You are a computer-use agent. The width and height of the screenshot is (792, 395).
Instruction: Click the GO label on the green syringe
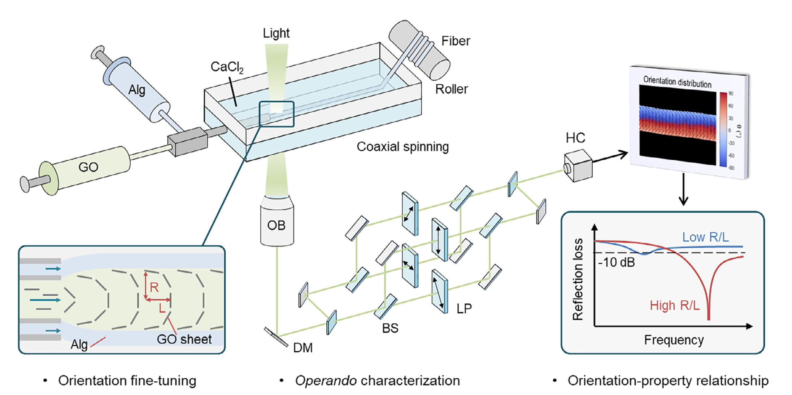[88, 167]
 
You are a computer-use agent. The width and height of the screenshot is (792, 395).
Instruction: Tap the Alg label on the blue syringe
[137, 90]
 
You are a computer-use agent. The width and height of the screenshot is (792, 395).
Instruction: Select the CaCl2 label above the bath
[227, 67]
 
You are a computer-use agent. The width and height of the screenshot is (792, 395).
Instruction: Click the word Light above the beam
[276, 33]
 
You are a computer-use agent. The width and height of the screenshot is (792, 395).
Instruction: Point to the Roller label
[451, 89]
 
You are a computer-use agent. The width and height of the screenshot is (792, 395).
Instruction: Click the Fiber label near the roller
[456, 41]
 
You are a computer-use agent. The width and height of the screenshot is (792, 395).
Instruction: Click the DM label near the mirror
[303, 348]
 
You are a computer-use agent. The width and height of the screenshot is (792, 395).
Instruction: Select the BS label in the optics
[390, 328]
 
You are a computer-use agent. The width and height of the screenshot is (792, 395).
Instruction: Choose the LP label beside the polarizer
[464, 309]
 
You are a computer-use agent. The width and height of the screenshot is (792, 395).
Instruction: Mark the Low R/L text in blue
[705, 237]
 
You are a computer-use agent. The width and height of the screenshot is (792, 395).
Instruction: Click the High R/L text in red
[674, 306]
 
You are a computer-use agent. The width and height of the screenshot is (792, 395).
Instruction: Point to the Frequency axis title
[674, 340]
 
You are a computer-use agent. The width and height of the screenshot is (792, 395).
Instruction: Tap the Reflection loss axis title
[578, 279]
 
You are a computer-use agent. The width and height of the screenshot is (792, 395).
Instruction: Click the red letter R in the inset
[154, 287]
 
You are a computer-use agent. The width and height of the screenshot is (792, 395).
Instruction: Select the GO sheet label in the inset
[184, 339]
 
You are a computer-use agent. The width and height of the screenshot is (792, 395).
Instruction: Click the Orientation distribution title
[677, 82]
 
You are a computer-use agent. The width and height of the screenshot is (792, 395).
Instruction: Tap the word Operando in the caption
[326, 381]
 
